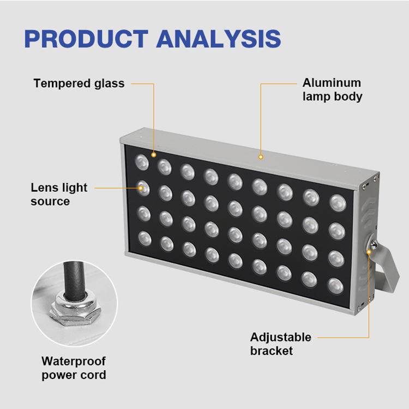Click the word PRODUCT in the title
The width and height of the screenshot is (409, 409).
86,39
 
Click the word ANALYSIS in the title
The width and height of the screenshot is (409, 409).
219,39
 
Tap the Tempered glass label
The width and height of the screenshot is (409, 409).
79,83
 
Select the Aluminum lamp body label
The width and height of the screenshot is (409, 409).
332,89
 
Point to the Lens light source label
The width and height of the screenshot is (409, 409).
59,194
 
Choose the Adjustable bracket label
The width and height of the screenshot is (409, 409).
281,344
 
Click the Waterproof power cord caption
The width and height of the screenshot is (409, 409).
74,368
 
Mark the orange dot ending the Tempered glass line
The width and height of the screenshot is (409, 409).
154,155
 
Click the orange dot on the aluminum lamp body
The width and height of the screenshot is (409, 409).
261,157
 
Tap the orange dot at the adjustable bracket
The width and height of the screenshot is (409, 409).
369,252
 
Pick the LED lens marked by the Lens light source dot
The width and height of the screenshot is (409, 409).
143,188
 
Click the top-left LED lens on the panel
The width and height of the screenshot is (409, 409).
142,162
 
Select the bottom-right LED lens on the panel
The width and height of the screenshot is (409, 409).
336,286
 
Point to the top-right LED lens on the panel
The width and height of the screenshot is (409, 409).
338,203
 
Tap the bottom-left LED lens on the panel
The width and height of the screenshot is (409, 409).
145,238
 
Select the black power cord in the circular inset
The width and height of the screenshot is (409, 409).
74,280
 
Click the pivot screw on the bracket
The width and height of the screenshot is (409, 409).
373,245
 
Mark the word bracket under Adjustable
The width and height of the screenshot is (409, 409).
271,351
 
